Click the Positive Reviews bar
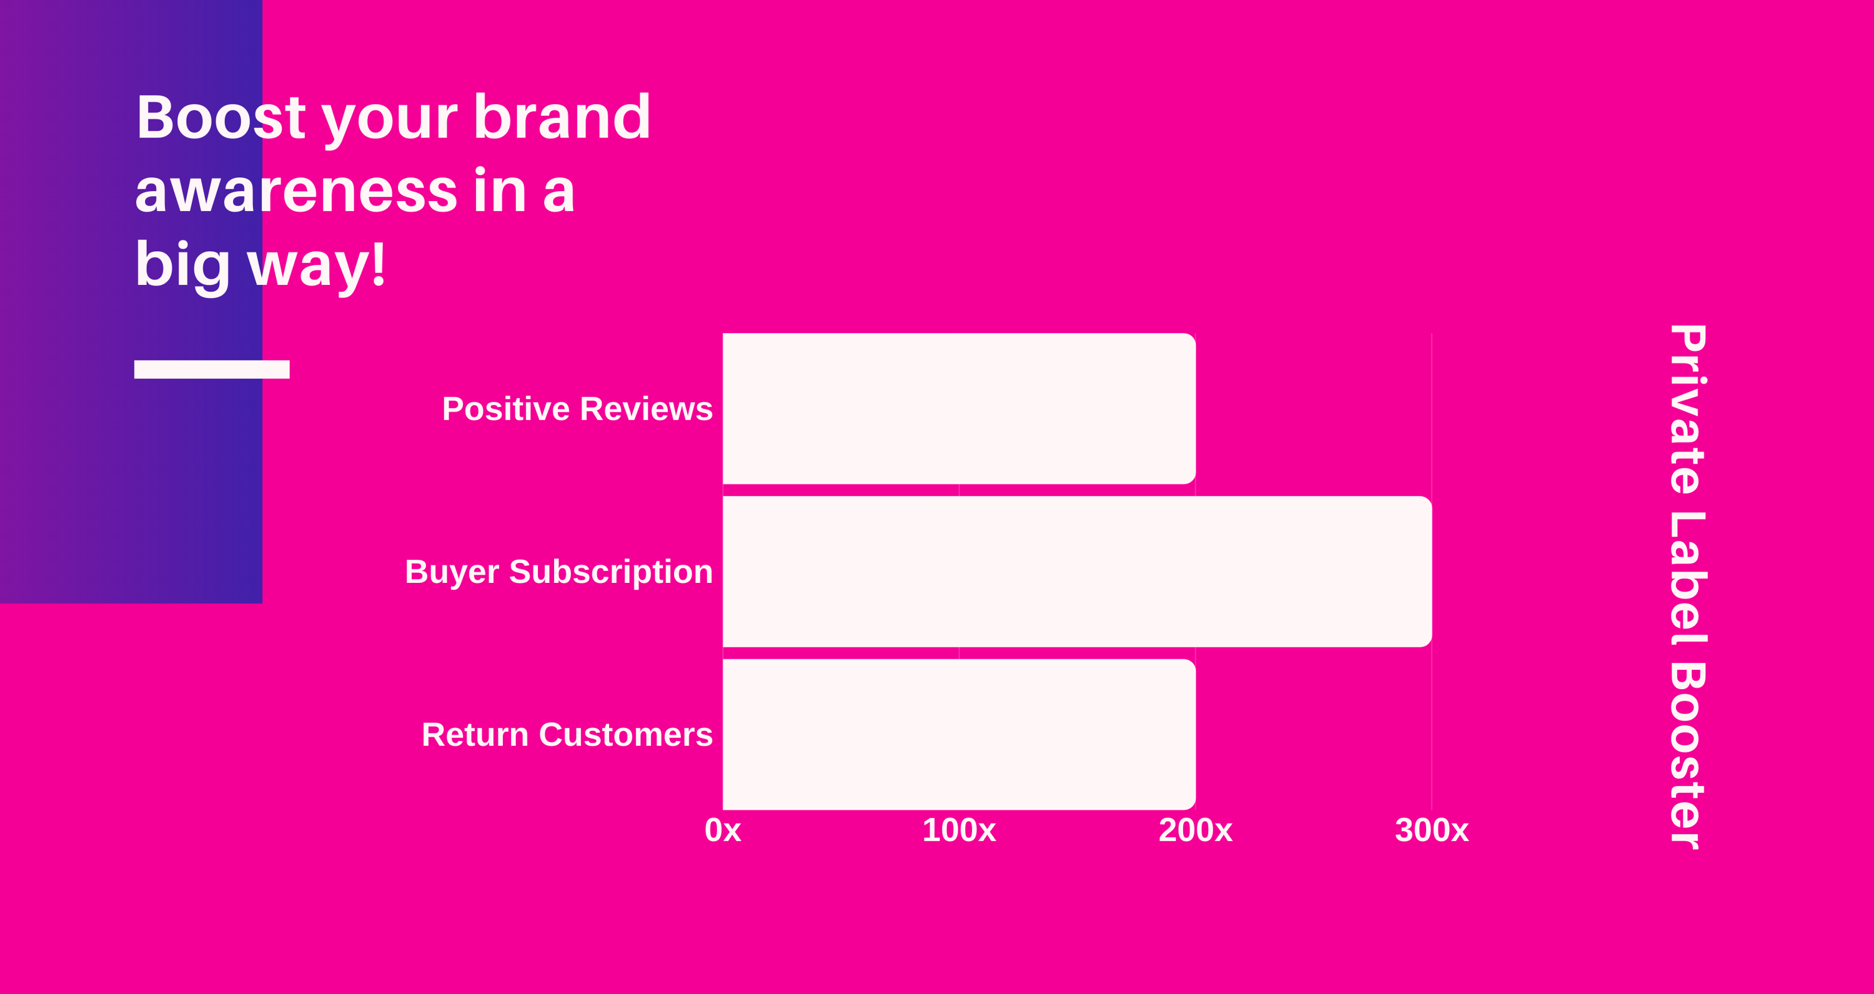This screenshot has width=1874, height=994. tap(959, 408)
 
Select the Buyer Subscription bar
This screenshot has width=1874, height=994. tap(1078, 571)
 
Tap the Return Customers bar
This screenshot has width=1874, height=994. tap(959, 734)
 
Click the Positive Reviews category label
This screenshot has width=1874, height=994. tap(577, 409)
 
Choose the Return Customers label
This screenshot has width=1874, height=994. tap(567, 735)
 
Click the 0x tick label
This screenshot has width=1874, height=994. tap(722, 830)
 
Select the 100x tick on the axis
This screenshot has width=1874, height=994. tap(959, 830)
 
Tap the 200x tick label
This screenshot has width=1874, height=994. tap(1195, 830)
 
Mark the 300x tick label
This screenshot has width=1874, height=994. tap(1432, 830)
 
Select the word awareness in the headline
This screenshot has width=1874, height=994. tap(296, 191)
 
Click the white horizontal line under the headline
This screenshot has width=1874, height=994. tap(212, 369)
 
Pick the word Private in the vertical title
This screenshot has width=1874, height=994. tap(1687, 409)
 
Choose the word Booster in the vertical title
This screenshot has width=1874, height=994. tap(1687, 756)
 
